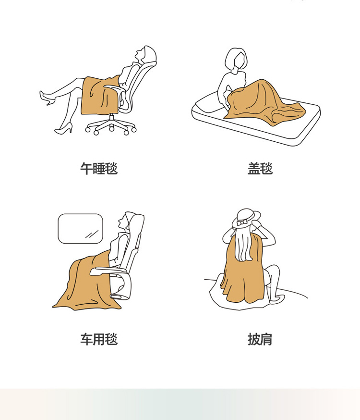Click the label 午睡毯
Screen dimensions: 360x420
pos(99,169)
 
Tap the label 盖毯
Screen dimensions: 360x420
pos(260,169)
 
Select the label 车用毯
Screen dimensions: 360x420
pos(99,339)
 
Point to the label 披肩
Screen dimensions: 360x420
pos(260,339)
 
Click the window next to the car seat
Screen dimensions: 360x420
pos(81,228)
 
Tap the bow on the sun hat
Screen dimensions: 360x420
pos(242,222)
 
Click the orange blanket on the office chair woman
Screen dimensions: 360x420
pos(99,95)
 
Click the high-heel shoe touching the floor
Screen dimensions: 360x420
pos(64,129)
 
